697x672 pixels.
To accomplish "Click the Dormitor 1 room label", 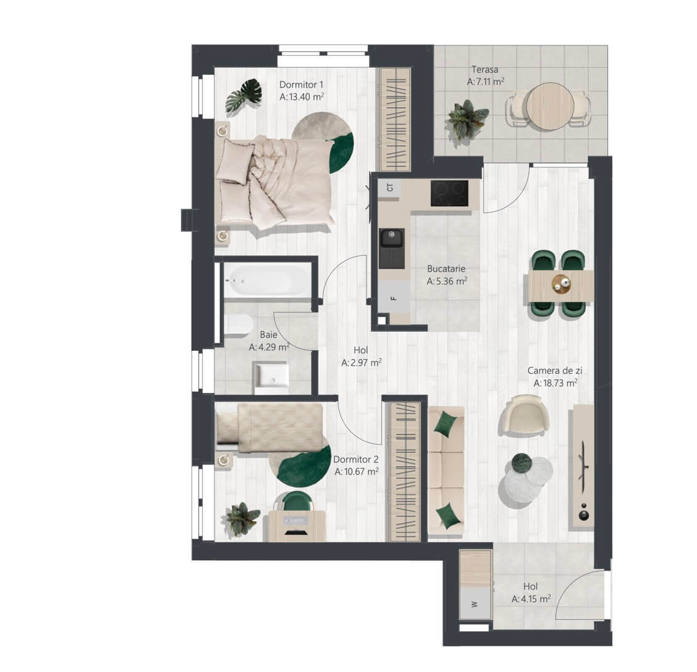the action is pos(301,85).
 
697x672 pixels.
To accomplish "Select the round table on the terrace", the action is pos(549,107).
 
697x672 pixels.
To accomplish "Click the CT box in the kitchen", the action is pos(390,188).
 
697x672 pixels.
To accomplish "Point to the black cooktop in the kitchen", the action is pos(449,193).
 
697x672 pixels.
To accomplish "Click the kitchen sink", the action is pos(392,248).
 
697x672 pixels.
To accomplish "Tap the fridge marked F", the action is pos(394,297).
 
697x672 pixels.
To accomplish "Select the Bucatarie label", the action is pos(446,269).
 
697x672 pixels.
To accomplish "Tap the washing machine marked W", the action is pos(475,603).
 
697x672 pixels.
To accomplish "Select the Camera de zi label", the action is pos(555,370).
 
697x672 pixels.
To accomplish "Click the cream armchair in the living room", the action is pos(523,414).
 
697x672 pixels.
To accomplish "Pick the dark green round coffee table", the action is pos(522,464).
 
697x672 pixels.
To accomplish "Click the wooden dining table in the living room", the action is pos(561,286).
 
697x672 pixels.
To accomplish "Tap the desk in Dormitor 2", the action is pos(297,526).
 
